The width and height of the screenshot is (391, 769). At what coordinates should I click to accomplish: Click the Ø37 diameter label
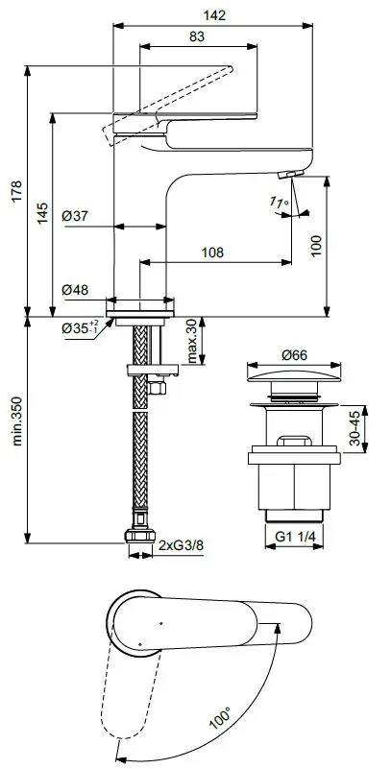pyautogui.click(x=75, y=217)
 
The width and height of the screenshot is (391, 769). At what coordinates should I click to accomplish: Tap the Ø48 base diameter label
pyautogui.click(x=75, y=290)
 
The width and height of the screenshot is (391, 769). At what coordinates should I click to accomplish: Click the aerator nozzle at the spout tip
pyautogui.click(x=287, y=174)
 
